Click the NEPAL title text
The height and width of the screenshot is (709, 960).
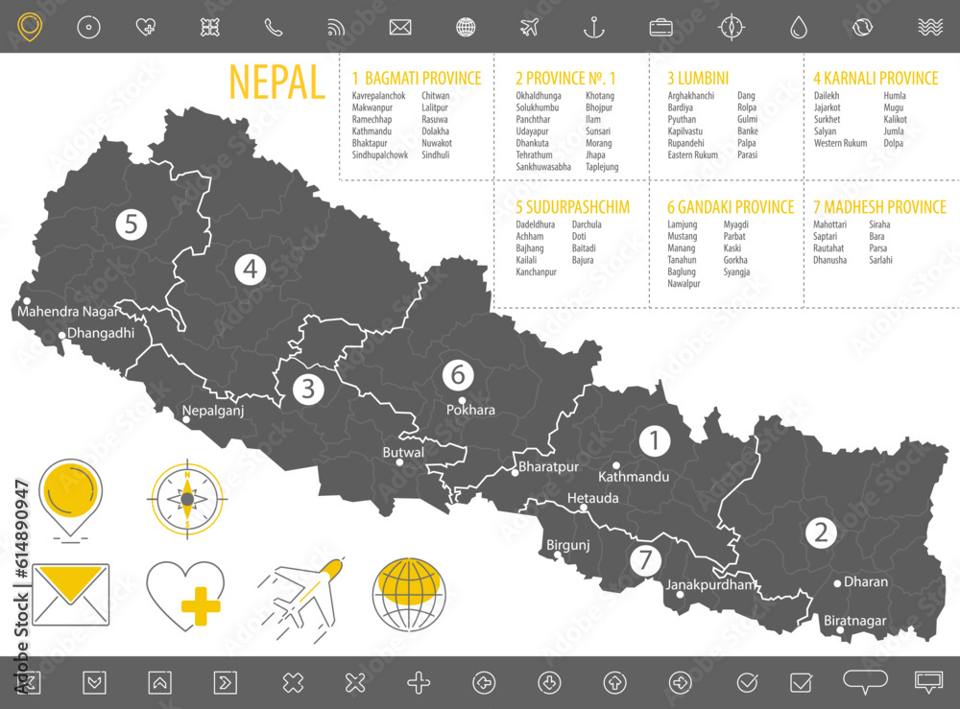pyautogui.click(x=276, y=83)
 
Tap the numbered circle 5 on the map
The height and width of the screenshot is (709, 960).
pyautogui.click(x=131, y=225)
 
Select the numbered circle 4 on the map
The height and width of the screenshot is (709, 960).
pyautogui.click(x=250, y=270)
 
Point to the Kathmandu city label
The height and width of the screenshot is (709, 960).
pyautogui.click(x=634, y=477)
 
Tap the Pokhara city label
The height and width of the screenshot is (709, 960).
pyautogui.click(x=470, y=411)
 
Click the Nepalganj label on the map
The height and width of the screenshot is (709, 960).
pyautogui.click(x=213, y=411)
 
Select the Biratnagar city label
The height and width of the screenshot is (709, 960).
pyautogui.click(x=854, y=621)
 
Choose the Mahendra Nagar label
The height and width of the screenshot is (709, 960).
pyautogui.click(x=68, y=311)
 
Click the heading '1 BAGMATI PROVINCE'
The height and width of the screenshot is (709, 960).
pyautogui.click(x=417, y=79)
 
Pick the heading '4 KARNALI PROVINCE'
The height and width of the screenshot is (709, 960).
pyautogui.click(x=876, y=79)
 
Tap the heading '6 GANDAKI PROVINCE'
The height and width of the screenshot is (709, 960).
pyautogui.click(x=731, y=207)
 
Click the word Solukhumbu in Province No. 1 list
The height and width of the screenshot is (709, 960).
pyautogui.click(x=538, y=108)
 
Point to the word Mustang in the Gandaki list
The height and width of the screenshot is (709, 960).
pyautogui.click(x=682, y=236)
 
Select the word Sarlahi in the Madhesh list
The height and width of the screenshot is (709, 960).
pyautogui.click(x=880, y=260)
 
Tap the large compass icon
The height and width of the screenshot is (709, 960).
pyautogui.click(x=186, y=499)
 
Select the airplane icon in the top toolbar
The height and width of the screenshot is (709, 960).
pyautogui.click(x=529, y=27)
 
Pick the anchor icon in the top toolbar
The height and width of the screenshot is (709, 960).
pyautogui.click(x=594, y=27)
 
